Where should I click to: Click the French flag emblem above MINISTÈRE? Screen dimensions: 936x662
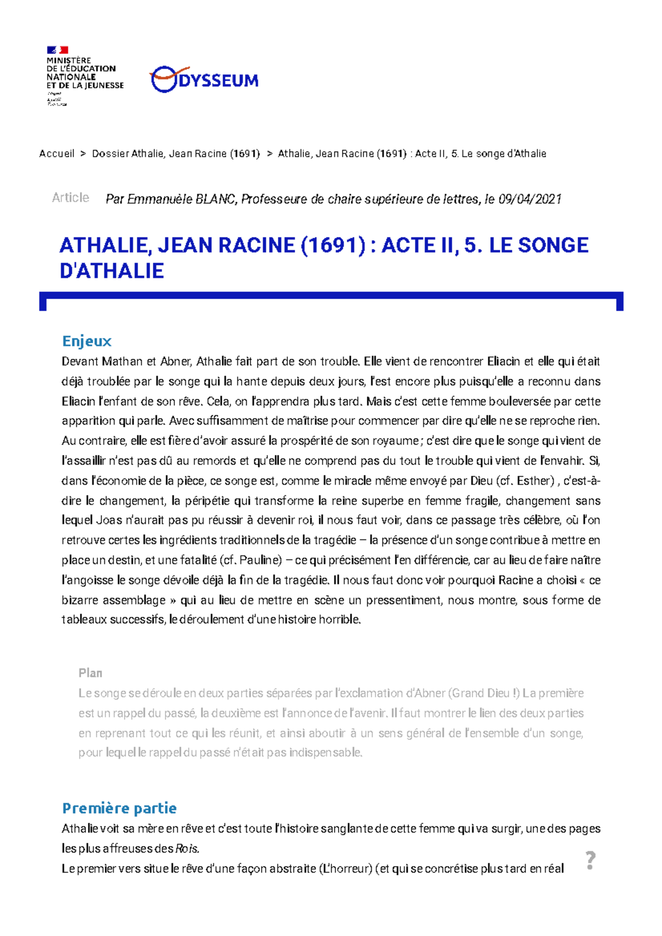[57, 50]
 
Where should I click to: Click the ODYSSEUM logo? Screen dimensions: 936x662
[204, 80]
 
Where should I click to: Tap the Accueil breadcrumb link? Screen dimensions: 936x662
[56, 154]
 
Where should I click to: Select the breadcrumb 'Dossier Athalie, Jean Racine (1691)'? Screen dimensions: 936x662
[175, 154]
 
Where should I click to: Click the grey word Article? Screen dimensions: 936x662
[70, 197]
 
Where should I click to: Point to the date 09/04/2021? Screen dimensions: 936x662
[530, 199]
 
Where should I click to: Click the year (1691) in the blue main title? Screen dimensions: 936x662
[333, 245]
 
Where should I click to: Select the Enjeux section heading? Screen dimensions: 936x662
[87, 341]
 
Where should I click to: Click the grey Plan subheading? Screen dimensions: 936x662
[90, 673]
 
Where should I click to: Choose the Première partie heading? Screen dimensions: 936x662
[119, 808]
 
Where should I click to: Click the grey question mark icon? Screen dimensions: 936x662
[590, 860]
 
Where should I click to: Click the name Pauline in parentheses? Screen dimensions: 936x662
[258, 560]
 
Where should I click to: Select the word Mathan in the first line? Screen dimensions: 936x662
[121, 362]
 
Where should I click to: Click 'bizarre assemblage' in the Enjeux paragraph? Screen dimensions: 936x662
[114, 600]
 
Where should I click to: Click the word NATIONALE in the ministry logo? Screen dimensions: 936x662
[71, 77]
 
